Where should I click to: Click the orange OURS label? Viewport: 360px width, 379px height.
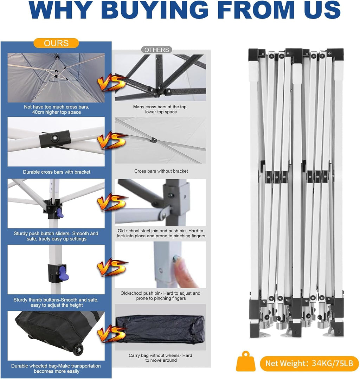[x=56, y=43]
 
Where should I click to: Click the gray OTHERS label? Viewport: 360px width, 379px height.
[x=157, y=50]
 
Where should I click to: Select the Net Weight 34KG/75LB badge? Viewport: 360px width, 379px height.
[x=309, y=363]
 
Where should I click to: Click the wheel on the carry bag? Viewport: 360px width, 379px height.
[x=78, y=350]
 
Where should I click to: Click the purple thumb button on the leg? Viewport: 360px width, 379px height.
[x=63, y=273]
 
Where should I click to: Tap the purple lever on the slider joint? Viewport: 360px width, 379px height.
[x=59, y=213]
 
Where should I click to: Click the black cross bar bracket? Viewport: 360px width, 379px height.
[x=55, y=139]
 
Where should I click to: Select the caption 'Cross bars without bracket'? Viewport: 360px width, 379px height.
[x=161, y=171]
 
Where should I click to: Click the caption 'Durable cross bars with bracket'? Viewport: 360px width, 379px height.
[x=57, y=172]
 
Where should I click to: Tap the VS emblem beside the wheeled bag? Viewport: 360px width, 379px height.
[x=112, y=333]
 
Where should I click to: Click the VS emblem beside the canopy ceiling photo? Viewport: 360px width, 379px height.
[x=112, y=82]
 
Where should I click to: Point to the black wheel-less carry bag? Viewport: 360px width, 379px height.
[x=160, y=329]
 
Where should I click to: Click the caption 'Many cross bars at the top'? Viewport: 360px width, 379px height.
[x=160, y=107]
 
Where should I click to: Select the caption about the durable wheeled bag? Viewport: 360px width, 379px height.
[x=56, y=368]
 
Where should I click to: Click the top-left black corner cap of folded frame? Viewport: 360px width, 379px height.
[x=253, y=55]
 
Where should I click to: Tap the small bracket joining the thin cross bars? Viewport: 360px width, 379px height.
[x=153, y=140]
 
